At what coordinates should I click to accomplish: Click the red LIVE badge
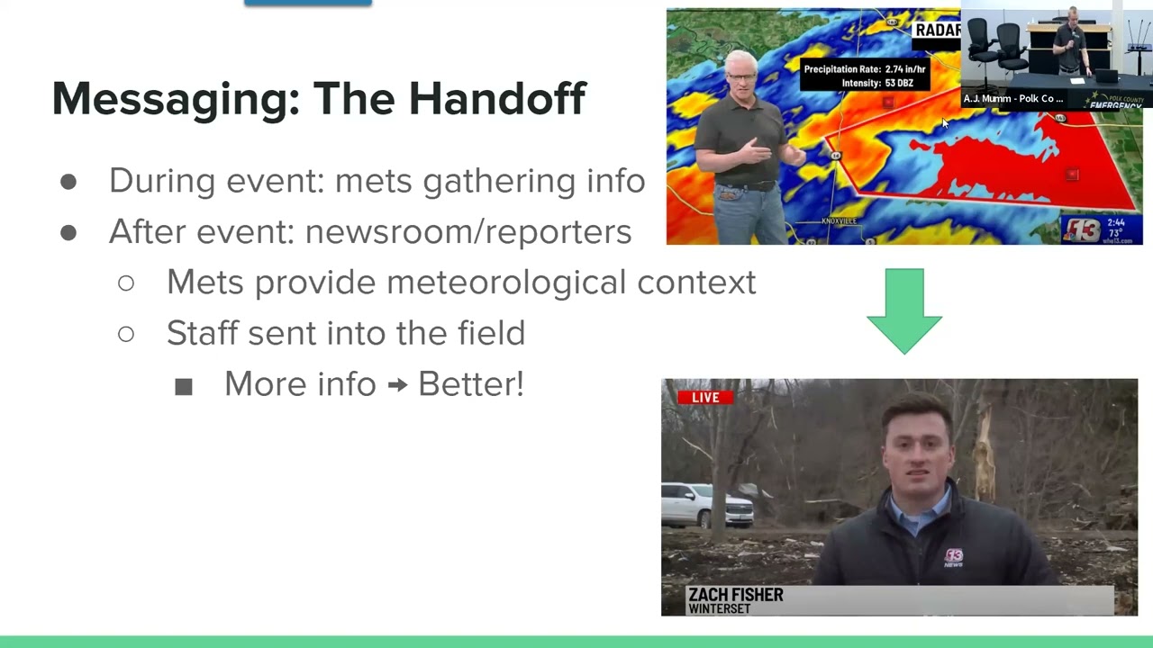pyautogui.click(x=705, y=397)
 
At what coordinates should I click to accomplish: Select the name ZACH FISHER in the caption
pyautogui.click(x=735, y=595)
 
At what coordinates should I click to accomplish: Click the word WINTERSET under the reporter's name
pyautogui.click(x=720, y=609)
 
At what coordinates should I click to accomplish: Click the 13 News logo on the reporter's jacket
pyautogui.click(x=953, y=557)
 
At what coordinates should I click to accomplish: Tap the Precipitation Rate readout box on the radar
pyautogui.click(x=864, y=76)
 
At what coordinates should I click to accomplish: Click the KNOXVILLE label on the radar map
pyautogui.click(x=840, y=220)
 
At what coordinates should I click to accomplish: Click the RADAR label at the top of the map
pyautogui.click(x=937, y=31)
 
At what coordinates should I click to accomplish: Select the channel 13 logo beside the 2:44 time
pyautogui.click(x=1082, y=229)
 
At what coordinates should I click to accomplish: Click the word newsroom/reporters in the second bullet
pyautogui.click(x=468, y=231)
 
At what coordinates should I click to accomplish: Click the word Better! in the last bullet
pyautogui.click(x=470, y=384)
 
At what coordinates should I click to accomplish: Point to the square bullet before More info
pyautogui.click(x=184, y=387)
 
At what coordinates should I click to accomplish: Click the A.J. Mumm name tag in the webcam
pyautogui.click(x=1013, y=99)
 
